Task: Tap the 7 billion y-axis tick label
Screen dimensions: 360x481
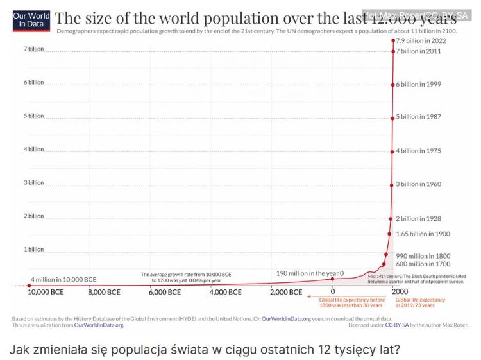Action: click(x=34, y=49)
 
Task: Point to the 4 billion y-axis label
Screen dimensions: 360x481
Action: click(x=34, y=149)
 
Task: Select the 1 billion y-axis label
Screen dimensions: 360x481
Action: click(x=34, y=249)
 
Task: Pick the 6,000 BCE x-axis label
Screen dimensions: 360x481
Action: click(x=166, y=292)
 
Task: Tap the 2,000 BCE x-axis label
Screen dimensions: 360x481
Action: click(x=285, y=292)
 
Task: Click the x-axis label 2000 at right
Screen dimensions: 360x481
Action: click(x=400, y=292)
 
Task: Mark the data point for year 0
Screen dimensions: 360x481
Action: click(x=333, y=279)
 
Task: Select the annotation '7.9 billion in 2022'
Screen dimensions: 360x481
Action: click(x=421, y=40)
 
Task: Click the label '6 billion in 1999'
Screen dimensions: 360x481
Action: click(x=418, y=84)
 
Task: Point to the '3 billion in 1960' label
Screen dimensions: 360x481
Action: click(x=418, y=184)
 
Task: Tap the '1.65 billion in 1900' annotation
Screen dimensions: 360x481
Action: click(x=423, y=234)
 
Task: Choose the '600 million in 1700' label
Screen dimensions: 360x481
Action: click(x=423, y=264)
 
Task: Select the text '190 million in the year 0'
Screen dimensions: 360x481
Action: click(x=310, y=273)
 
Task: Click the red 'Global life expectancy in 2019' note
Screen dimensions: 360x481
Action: click(x=420, y=302)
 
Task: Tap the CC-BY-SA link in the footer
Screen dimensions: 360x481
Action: click(x=392, y=325)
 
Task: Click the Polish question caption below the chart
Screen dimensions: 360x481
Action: click(x=204, y=350)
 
